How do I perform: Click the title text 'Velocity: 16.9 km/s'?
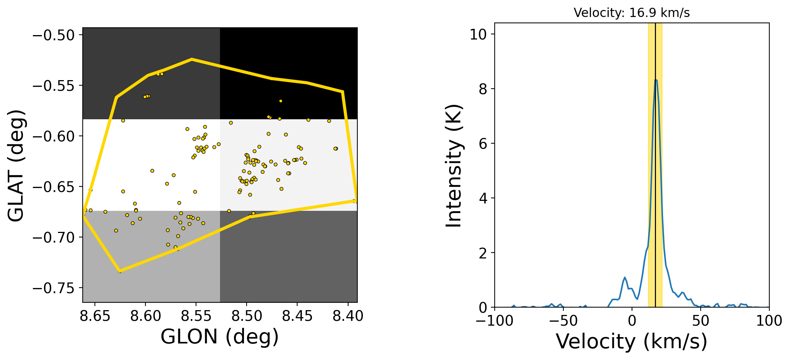632,13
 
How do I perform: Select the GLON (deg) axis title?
220,336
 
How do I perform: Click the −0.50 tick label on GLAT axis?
54,35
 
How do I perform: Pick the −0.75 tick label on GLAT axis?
54,288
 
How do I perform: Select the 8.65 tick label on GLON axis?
95,316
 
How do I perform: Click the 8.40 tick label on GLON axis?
348,316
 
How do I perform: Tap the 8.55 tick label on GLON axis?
196,316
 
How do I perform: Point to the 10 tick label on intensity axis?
478,34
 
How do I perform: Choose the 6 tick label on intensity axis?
482,144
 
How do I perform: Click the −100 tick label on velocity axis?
494,321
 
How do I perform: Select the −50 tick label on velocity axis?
563,321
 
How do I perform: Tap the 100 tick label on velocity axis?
769,321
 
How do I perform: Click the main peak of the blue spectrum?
656,80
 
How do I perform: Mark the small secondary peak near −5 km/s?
625,277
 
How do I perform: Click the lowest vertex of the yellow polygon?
119,271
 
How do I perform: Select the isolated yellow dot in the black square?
281,101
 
